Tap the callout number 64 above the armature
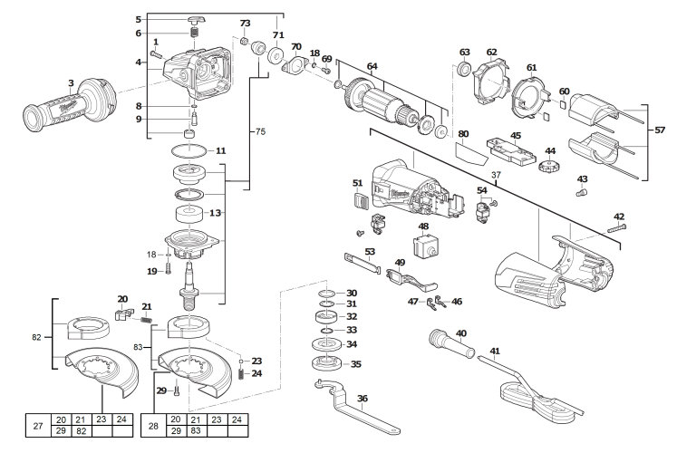[x=372, y=65]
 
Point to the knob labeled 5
[x=194, y=19]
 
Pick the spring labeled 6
[x=194, y=34]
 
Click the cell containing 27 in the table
[x=37, y=426]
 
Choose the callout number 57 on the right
[x=659, y=130]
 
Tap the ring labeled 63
[x=465, y=70]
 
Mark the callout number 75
[x=259, y=132]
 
